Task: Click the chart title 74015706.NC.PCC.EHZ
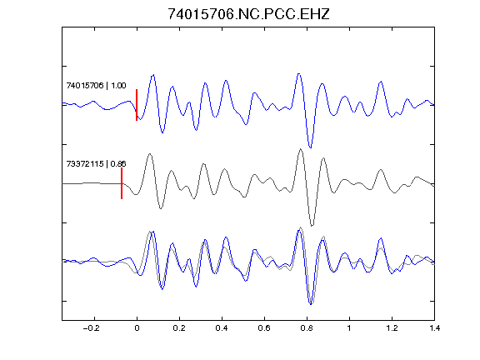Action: tap(248, 14)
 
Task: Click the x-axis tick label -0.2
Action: tap(91, 328)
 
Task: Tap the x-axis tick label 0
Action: tap(137, 328)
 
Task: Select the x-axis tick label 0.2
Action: tap(179, 328)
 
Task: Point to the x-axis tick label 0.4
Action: tap(222, 328)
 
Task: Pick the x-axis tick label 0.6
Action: tap(264, 328)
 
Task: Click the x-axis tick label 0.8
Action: tap(307, 328)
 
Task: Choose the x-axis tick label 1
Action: tap(349, 328)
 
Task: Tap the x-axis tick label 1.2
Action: tap(392, 328)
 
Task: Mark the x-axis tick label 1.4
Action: tap(434, 328)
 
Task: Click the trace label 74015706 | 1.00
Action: tap(96, 85)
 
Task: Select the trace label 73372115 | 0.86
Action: tap(96, 164)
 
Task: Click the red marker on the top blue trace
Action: tap(137, 105)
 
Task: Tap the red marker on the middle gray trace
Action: tap(122, 183)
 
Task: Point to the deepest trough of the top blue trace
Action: tap(310, 147)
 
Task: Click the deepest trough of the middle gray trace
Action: tap(312, 226)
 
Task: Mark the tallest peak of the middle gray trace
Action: tap(301, 149)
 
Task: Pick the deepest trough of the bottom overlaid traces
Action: tap(311, 304)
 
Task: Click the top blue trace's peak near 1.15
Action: tap(381, 82)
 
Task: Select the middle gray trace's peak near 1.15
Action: tap(381, 169)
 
